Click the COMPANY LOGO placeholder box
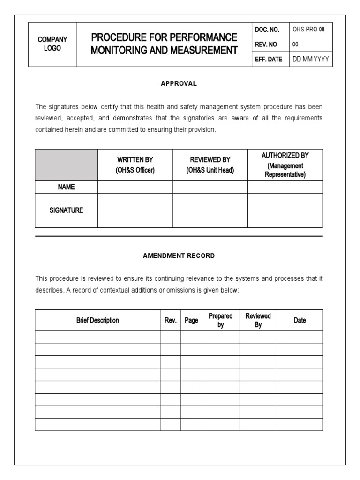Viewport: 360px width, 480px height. click(52, 44)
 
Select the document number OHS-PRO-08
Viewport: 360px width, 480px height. click(309, 30)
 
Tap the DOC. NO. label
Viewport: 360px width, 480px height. click(267, 30)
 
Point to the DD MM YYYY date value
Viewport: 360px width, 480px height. click(311, 60)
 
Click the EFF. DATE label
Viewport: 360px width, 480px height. click(269, 60)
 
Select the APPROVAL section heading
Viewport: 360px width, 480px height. click(179, 83)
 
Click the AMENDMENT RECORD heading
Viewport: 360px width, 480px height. click(179, 256)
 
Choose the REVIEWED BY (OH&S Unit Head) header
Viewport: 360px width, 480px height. click(210, 165)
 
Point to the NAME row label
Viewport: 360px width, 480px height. click(66, 187)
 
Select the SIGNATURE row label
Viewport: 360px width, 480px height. click(66, 210)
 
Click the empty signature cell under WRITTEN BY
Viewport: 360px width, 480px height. click(135, 210)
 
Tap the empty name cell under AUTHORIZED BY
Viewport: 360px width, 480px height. click(285, 187)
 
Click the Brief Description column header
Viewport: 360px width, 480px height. click(97, 320)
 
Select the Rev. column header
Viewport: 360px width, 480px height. click(170, 320)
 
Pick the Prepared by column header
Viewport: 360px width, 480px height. click(220, 320)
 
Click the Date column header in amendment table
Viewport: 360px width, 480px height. click(300, 320)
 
